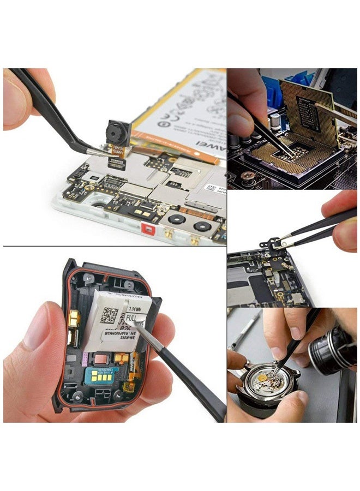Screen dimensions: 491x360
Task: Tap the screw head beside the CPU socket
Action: [x=248, y=176]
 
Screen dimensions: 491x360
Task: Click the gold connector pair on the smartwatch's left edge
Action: [x=73, y=322]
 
